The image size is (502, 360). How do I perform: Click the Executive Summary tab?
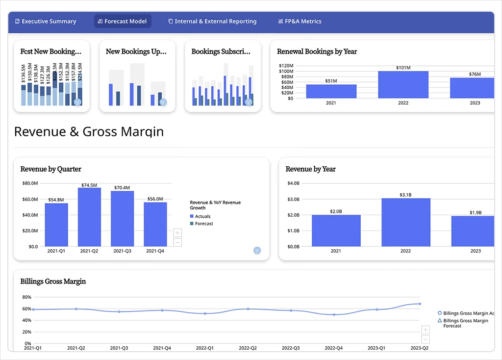point(46,22)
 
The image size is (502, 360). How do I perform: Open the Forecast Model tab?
point(123,22)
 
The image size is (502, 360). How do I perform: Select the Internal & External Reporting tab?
point(212,22)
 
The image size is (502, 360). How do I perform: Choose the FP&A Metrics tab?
point(300,22)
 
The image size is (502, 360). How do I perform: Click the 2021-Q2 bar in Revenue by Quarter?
point(89,217)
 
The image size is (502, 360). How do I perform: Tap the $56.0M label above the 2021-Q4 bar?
point(155,199)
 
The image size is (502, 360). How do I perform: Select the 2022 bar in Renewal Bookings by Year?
point(403,84)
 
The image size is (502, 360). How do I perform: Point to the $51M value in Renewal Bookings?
point(331,81)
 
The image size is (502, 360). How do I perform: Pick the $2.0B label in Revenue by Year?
point(336,211)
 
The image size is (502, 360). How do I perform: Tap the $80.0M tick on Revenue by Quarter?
point(30,183)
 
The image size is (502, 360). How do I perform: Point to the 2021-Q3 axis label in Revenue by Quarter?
point(122,251)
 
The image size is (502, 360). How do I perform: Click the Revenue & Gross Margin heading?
point(89,131)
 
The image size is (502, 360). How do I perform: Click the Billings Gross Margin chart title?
point(53,282)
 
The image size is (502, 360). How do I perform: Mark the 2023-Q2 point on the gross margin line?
point(420,304)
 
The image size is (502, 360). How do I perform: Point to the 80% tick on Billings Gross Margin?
point(27,297)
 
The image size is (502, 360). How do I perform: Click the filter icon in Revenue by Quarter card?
point(257,250)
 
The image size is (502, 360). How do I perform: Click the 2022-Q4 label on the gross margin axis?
point(334,348)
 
